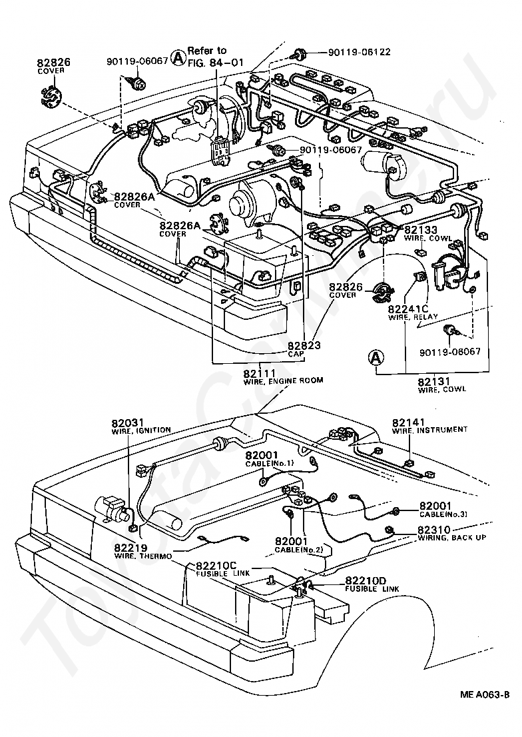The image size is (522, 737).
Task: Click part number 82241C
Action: (408, 310)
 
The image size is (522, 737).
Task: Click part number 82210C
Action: (216, 565)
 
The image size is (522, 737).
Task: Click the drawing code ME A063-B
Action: (483, 694)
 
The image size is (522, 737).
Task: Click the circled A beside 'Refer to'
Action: (178, 57)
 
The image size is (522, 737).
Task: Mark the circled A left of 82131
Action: (376, 358)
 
